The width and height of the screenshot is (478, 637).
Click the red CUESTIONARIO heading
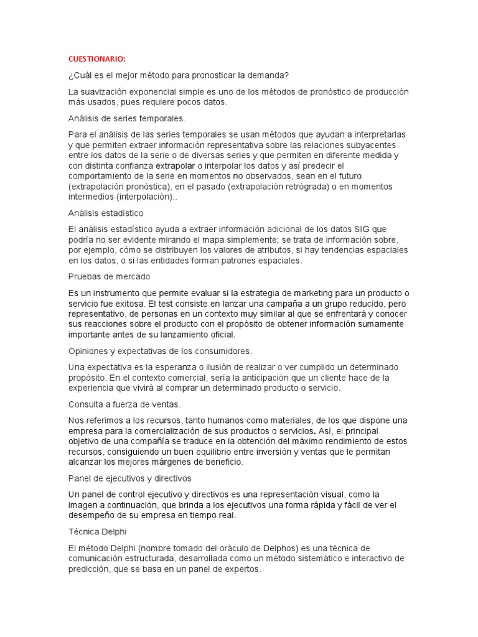tap(96, 59)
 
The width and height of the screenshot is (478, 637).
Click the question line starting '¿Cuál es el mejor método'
tap(179, 75)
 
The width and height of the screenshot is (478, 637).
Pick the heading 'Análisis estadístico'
tap(106, 213)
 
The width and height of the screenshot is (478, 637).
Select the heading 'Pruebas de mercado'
tap(109, 276)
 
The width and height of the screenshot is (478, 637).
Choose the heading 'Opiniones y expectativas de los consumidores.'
tap(161, 351)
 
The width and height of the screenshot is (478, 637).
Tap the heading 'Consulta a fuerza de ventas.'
tap(124, 404)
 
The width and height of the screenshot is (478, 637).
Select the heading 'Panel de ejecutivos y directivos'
tap(129, 478)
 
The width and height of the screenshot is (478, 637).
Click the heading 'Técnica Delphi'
tap(100, 532)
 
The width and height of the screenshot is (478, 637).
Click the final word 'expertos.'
tap(244, 569)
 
